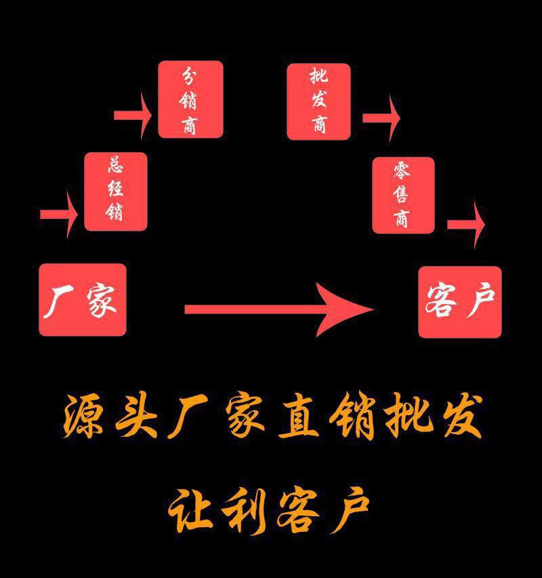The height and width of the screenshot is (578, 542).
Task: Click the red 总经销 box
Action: [115, 191]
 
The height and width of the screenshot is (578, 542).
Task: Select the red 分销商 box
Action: [190, 100]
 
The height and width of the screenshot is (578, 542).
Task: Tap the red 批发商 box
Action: [318, 101]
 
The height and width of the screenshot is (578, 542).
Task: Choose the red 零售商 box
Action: [402, 195]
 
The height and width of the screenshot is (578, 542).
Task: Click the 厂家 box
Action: [83, 299]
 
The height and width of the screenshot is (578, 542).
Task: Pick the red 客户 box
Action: [460, 302]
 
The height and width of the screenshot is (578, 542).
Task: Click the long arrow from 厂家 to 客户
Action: [278, 309]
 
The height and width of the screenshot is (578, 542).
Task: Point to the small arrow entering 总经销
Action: [59, 214]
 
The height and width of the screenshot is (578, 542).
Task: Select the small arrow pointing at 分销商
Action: [133, 115]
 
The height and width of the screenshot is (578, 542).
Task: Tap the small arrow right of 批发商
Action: [381, 117]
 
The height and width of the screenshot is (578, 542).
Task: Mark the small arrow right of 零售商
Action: [466, 224]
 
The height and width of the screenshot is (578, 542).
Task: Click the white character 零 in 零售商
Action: [402, 171]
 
